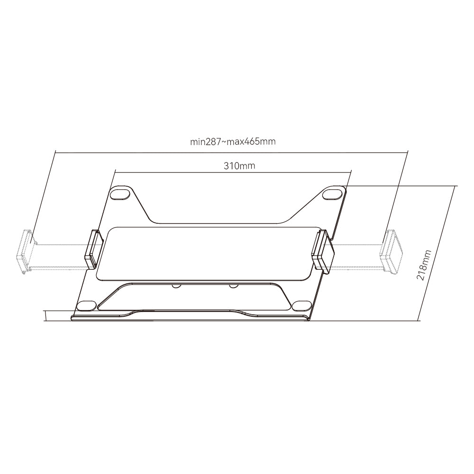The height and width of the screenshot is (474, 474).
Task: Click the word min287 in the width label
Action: (206, 142)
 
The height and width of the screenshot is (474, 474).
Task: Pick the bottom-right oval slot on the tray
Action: (301, 305)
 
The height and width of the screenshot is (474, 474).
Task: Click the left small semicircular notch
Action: (176, 285)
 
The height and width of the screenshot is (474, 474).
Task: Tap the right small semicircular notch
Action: (233, 285)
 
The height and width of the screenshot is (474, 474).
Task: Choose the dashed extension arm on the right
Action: (358, 256)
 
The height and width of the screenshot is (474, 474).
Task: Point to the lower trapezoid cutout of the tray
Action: (194, 296)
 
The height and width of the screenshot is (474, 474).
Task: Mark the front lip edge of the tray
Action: (190, 318)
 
